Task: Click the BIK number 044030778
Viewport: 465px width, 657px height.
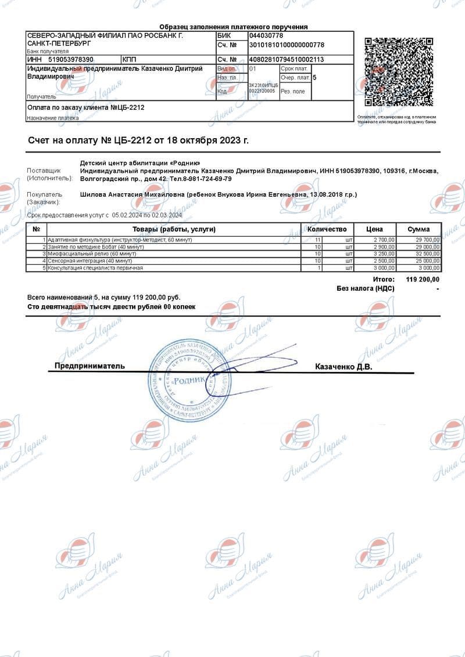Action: coord(266,36)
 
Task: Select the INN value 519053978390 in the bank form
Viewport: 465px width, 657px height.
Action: coord(71,60)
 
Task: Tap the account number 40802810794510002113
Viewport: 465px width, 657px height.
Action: coord(287,60)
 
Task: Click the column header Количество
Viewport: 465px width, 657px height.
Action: coord(327,229)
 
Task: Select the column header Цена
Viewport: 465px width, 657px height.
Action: coord(374,229)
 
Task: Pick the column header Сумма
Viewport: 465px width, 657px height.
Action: coord(419,229)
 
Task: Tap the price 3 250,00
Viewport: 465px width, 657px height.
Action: coord(384,254)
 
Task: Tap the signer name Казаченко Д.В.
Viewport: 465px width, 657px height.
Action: coord(343,367)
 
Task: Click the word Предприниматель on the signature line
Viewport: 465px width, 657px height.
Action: coord(90,366)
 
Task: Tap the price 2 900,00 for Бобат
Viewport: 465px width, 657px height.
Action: coord(384,247)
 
